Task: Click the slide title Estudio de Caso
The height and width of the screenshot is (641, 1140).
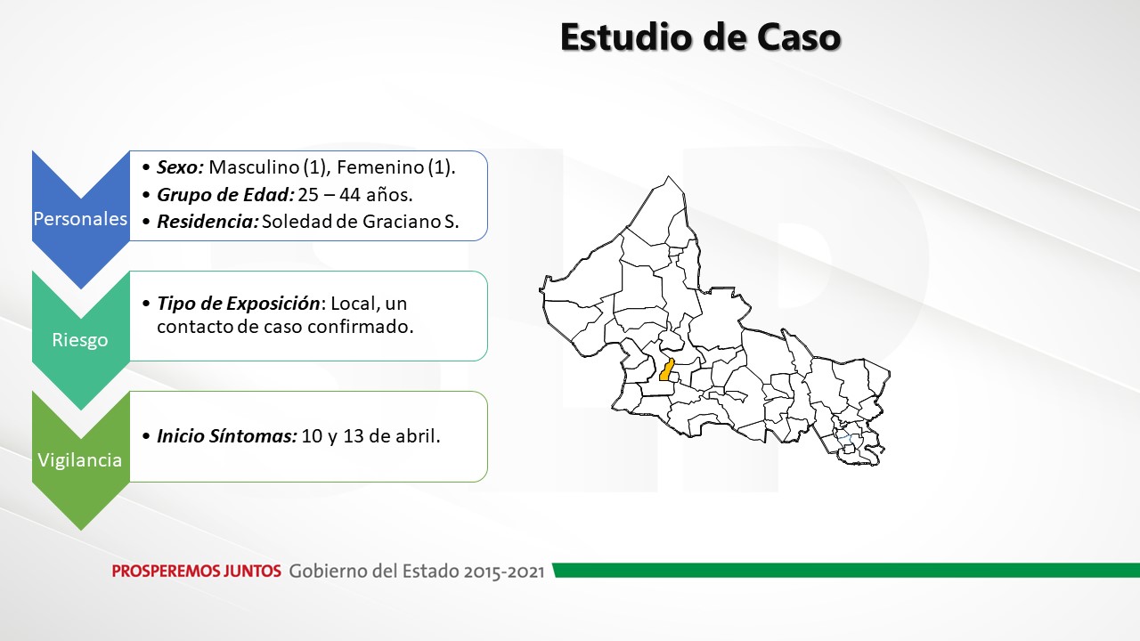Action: pyautogui.click(x=700, y=37)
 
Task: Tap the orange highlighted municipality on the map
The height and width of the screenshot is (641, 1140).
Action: pyautogui.click(x=667, y=369)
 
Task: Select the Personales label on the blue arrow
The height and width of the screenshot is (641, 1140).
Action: pyautogui.click(x=80, y=219)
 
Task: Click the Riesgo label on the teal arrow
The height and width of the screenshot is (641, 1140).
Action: pyautogui.click(x=80, y=340)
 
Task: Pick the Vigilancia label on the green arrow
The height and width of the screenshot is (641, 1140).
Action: pyautogui.click(x=80, y=460)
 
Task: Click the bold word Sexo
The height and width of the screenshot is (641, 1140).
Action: pyautogui.click(x=181, y=166)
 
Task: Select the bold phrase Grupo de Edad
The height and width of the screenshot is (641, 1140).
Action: pyautogui.click(x=225, y=194)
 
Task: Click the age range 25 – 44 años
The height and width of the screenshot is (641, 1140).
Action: pyautogui.click(x=355, y=194)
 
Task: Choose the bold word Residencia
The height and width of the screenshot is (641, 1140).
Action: pyautogui.click(x=208, y=222)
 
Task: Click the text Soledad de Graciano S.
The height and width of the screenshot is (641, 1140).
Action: pyautogui.click(x=361, y=222)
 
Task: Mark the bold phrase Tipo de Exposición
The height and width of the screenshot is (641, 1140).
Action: pyautogui.click(x=238, y=304)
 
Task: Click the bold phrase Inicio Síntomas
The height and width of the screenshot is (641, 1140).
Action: pyautogui.click(x=227, y=436)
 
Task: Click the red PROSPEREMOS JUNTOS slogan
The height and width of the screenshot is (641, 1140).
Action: pyautogui.click(x=197, y=572)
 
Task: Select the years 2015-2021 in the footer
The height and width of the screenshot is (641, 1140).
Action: pyautogui.click(x=504, y=572)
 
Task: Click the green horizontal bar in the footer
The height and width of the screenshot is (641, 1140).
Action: pyautogui.click(x=846, y=571)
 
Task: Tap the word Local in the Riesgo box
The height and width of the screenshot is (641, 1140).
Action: pyautogui.click(x=355, y=304)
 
